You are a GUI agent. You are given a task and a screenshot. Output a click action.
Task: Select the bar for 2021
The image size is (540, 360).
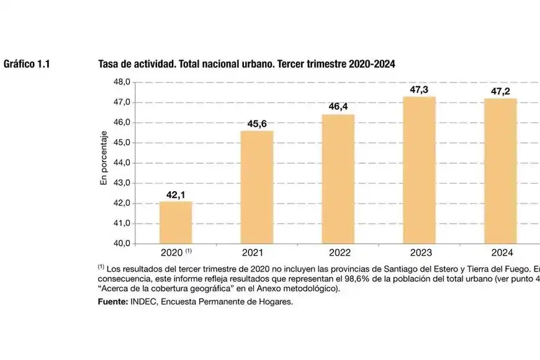[x=256, y=187]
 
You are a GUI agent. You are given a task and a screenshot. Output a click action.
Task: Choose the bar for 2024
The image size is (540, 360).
[x=500, y=171]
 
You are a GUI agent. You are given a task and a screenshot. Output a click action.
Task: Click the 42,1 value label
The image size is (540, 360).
[x=176, y=195]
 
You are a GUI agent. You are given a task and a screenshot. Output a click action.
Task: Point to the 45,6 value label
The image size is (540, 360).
[x=257, y=124]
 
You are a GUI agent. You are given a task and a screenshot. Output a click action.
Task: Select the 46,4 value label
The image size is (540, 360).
[x=338, y=107]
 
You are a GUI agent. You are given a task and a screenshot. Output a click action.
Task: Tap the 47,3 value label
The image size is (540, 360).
[x=420, y=90]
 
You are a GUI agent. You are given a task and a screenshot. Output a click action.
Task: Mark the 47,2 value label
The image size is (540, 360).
[x=501, y=92]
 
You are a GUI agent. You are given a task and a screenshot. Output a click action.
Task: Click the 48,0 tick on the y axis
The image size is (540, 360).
[x=120, y=82]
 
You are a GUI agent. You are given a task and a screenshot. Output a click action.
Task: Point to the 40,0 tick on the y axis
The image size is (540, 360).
[x=120, y=244]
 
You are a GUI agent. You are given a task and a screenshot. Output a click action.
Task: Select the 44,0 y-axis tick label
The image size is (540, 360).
[x=120, y=163]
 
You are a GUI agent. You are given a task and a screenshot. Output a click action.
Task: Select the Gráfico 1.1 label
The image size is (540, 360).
[x=27, y=64]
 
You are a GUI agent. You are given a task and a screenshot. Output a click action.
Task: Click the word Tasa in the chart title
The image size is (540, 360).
[x=109, y=64]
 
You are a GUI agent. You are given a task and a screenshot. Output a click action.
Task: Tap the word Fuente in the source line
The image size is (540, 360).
[x=112, y=302]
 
